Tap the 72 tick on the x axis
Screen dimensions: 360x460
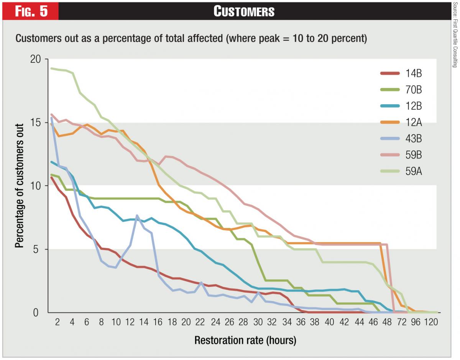tap(402, 322)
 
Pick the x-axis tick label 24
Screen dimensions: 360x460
tap(216, 322)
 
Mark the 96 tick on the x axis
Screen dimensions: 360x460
tap(416, 322)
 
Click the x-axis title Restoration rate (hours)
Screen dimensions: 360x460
tap(245, 340)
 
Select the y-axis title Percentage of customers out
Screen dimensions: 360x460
tap(19, 185)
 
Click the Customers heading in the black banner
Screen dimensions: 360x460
tap(244, 11)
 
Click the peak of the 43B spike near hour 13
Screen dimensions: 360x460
tap(137, 215)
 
